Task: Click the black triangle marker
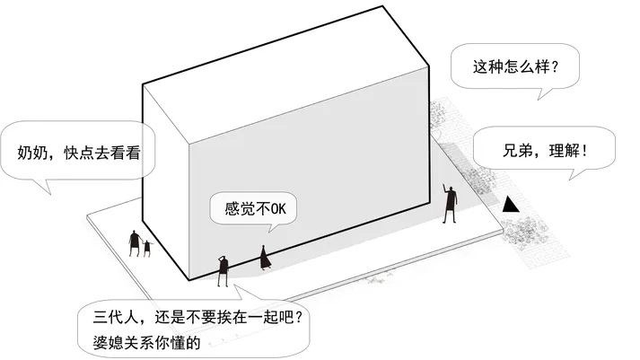click(x=510, y=206)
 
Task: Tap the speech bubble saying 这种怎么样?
click(x=515, y=67)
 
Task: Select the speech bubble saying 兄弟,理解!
click(x=544, y=150)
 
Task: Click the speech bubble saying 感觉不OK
click(x=253, y=208)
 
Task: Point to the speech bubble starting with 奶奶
click(x=77, y=151)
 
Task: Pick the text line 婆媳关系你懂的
click(x=146, y=342)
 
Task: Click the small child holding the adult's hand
click(x=147, y=248)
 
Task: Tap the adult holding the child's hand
click(x=134, y=243)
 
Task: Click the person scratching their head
click(x=223, y=270)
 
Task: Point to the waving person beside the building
click(x=450, y=204)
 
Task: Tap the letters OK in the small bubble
click(x=279, y=209)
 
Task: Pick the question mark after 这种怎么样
click(x=555, y=67)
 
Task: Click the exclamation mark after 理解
click(x=585, y=151)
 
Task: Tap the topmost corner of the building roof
click(x=382, y=6)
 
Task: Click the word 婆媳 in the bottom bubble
click(x=108, y=342)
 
